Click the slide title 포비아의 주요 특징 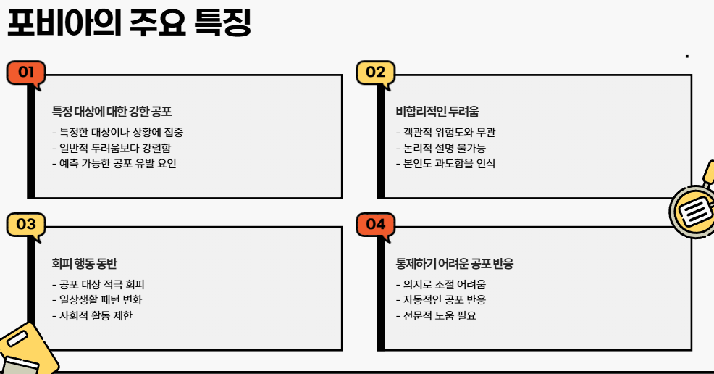[129, 22]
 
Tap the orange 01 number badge [26, 72]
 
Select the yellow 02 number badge [375, 72]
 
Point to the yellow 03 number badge [26, 224]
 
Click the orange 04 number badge [375, 224]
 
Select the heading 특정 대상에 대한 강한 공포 [112, 112]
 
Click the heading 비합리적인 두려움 [437, 112]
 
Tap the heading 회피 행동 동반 [85, 264]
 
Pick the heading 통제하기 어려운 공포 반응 [455, 264]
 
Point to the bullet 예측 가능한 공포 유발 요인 [114, 163]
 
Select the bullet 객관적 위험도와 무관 [445, 132]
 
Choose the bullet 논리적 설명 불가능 [440, 148]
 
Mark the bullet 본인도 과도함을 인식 [445, 163]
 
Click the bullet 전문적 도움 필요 [436, 315]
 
